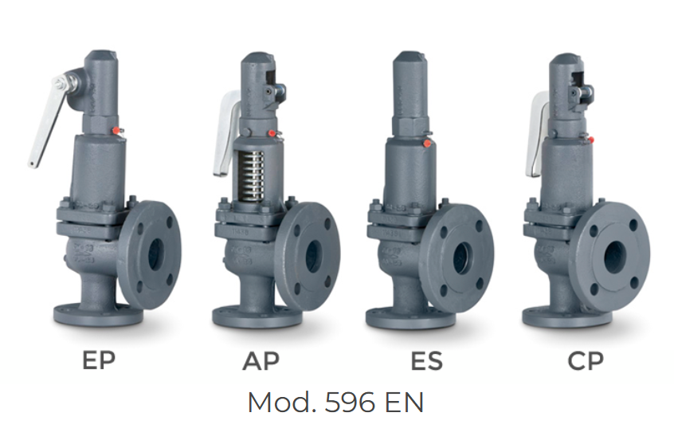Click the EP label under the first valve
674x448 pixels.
click(x=99, y=360)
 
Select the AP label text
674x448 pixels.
click(x=261, y=361)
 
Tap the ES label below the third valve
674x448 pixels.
click(x=426, y=361)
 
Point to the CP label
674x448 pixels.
click(x=586, y=361)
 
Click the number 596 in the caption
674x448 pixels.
click(x=350, y=403)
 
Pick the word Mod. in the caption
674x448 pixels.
click(x=282, y=403)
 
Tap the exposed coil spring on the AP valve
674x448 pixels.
click(x=252, y=175)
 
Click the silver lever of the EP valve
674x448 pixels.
click(x=47, y=120)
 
